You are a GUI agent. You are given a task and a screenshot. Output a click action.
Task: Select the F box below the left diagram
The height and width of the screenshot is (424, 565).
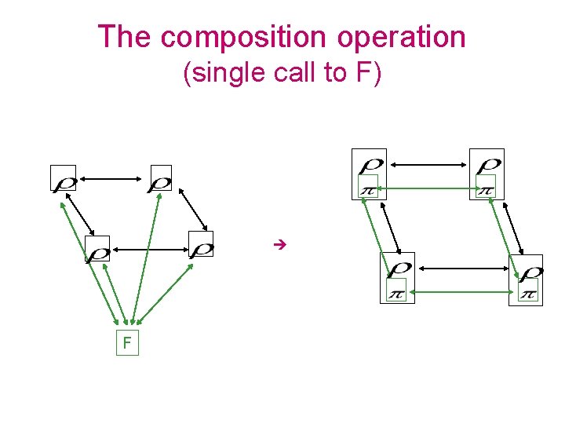point(126,343)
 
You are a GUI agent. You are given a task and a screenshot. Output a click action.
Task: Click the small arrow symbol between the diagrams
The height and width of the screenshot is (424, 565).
point(277,246)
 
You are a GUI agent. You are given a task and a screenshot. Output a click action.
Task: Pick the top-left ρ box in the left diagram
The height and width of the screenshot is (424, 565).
point(63,178)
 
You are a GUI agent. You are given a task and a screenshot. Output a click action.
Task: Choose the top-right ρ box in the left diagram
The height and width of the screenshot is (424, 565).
point(160,178)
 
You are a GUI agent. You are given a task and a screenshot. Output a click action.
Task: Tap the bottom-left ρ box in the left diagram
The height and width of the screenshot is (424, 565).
point(97,250)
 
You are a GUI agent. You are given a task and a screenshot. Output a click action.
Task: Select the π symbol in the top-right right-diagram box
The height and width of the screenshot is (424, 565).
point(486,188)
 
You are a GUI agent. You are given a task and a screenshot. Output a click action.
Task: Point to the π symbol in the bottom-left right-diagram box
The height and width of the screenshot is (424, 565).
point(397,292)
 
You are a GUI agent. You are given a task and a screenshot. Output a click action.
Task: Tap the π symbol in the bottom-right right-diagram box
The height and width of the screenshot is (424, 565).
point(528,292)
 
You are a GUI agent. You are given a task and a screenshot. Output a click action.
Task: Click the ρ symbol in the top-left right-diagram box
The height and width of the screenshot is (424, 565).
point(370,165)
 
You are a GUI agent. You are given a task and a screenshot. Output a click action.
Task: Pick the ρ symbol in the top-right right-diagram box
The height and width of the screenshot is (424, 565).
point(488,165)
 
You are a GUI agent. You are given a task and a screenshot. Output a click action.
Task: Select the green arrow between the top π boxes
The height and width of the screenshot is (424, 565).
point(427,188)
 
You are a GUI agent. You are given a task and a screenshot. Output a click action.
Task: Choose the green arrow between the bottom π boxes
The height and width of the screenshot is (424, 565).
point(462,292)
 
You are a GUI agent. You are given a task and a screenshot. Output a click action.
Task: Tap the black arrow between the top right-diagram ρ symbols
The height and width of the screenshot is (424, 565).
point(428,164)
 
